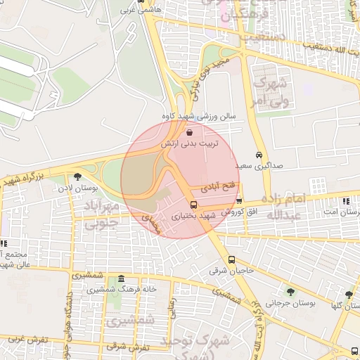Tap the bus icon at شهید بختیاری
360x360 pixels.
point(193,205)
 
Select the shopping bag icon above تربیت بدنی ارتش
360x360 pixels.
point(189,131)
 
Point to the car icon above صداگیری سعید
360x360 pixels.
point(259,154)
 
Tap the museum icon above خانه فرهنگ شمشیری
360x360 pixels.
point(122,278)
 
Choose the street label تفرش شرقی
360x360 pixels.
point(127,347)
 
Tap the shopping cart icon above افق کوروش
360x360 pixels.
point(240,200)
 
